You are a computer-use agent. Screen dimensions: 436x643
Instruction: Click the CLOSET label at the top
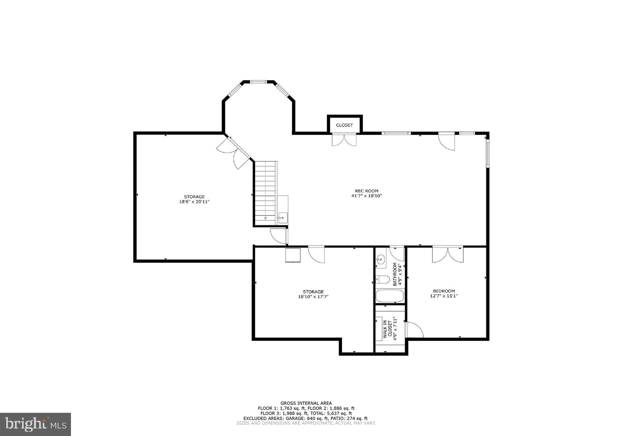344,125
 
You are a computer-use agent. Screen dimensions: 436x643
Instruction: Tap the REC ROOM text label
366,191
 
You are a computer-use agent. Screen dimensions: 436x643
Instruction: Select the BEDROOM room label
444,291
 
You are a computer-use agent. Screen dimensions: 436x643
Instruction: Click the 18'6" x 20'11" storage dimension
194,202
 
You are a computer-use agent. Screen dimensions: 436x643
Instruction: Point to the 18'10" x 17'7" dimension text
313,297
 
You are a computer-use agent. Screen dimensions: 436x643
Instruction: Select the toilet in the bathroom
382,279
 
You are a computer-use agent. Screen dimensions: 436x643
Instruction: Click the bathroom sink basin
381,259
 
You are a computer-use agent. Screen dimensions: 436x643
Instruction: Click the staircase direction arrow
265,217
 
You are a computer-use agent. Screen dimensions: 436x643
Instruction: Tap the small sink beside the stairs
283,218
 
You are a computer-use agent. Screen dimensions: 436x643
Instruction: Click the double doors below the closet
344,140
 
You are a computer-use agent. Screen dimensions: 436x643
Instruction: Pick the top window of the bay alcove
258,82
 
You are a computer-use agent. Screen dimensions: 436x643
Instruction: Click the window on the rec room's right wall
488,153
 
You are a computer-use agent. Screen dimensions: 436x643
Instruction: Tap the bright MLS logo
35,424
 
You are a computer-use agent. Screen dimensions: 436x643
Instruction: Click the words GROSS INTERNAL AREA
306,403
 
